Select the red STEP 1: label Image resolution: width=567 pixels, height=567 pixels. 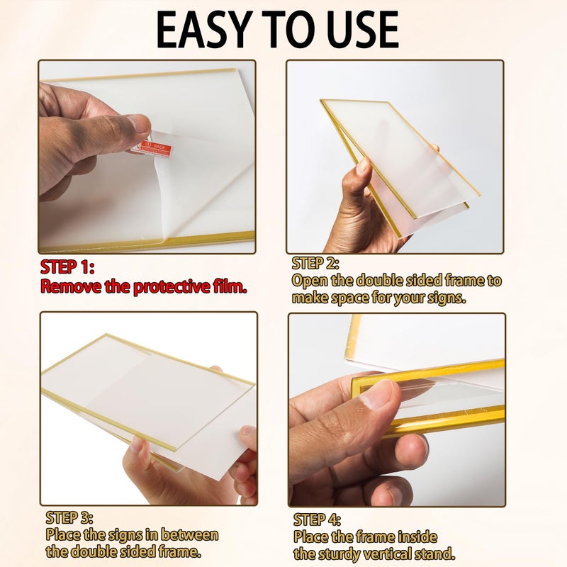tap(67, 267)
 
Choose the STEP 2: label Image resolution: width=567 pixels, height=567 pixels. tap(315, 263)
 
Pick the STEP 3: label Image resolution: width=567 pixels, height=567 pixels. tap(69, 518)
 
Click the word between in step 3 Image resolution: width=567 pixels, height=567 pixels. tap(189, 534)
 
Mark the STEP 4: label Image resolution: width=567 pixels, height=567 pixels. tap(317, 520)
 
